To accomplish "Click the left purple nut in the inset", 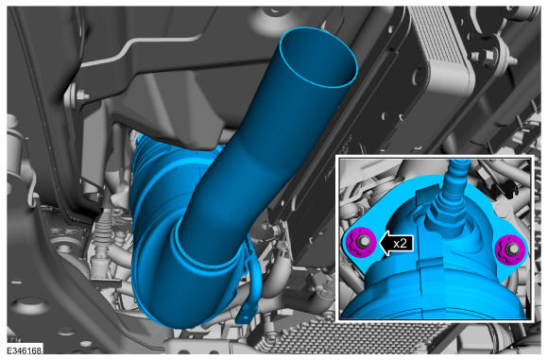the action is coord(361,242).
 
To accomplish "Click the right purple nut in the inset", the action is coord(510,250).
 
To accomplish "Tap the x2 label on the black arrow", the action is coord(401,243).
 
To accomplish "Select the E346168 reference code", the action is coord(25,351).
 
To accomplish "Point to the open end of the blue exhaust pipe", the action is coord(318,57).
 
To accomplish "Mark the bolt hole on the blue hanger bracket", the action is coord(245,317).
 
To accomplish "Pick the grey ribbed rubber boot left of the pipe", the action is coord(102,241).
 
